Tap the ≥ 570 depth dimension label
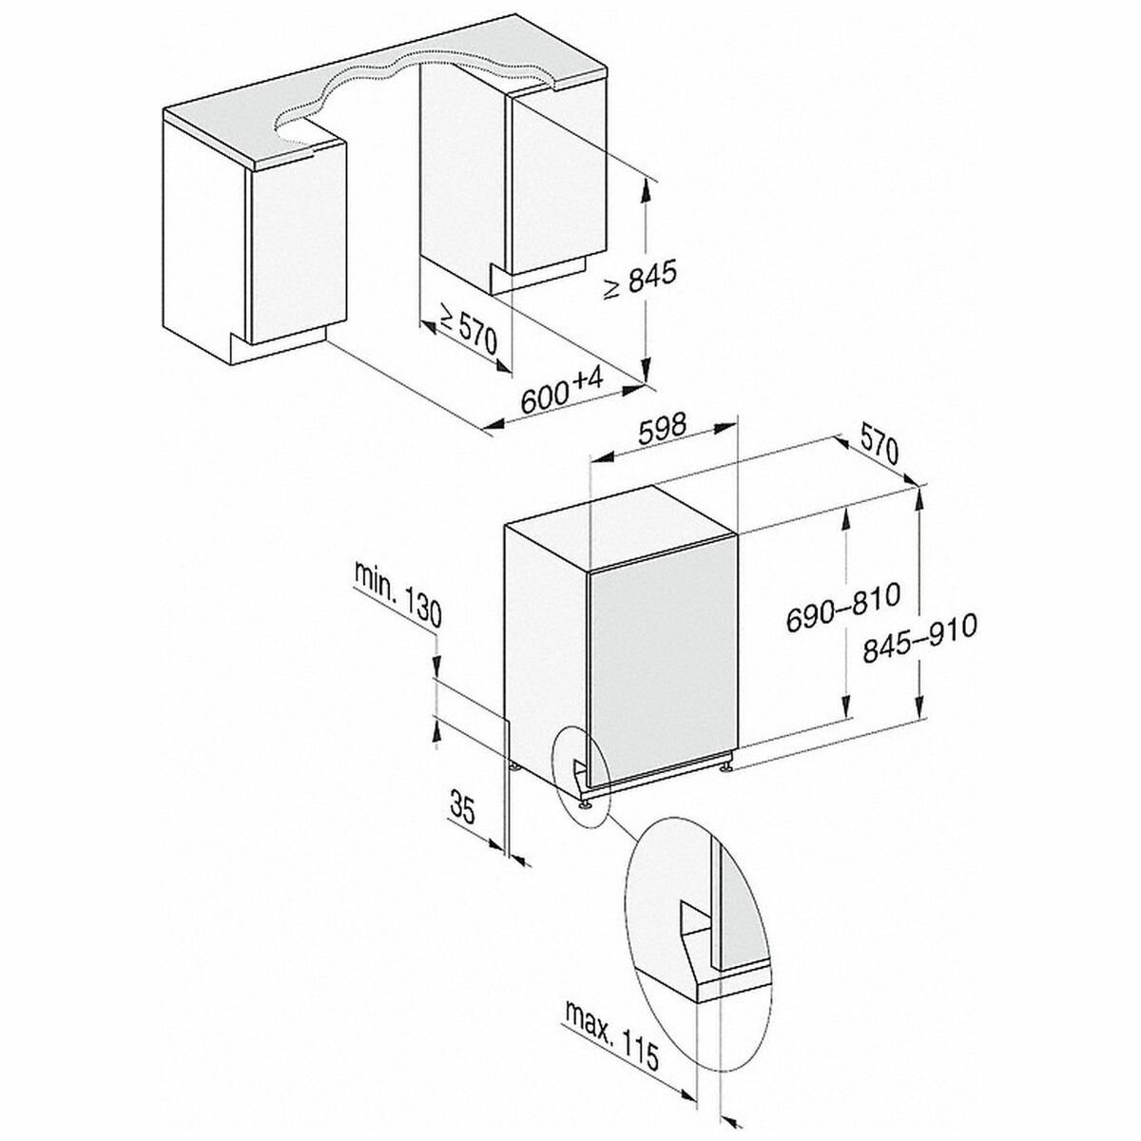tap(466, 332)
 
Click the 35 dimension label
tap(463, 806)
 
